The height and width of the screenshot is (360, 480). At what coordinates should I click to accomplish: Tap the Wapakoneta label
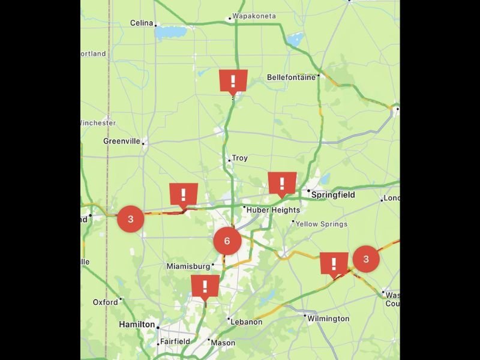pyautogui.click(x=254, y=16)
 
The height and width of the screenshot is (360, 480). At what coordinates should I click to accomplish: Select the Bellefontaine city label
pyautogui.click(x=291, y=77)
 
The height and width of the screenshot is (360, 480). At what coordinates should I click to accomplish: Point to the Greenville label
pyautogui.click(x=122, y=141)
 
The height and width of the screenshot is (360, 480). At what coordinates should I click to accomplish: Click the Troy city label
pyautogui.click(x=239, y=158)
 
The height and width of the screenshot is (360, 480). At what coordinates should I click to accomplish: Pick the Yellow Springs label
pyautogui.click(x=322, y=224)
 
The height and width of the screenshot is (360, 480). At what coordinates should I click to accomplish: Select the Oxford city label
pyautogui.click(x=106, y=302)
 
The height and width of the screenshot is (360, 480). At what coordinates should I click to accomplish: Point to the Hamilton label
pyautogui.click(x=137, y=324)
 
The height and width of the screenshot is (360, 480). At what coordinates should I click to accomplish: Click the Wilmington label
pyautogui.click(x=328, y=319)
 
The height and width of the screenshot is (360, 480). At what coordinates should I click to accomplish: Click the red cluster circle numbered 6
pyautogui.click(x=227, y=241)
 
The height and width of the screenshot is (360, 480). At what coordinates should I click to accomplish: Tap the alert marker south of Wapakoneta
pyautogui.click(x=233, y=80)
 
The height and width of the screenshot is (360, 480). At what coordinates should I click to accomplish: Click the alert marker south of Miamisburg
pyautogui.click(x=205, y=286)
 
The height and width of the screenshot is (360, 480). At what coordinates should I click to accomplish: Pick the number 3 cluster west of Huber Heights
pyautogui.click(x=131, y=219)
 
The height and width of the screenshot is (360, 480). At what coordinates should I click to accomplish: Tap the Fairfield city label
pyautogui.click(x=175, y=341)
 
